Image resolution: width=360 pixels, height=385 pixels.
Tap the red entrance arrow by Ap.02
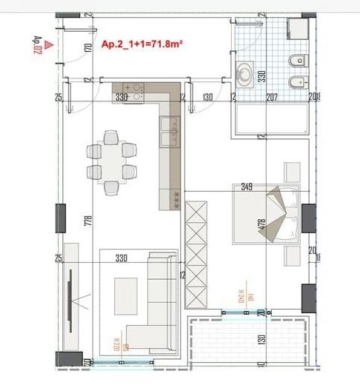[x=47, y=44]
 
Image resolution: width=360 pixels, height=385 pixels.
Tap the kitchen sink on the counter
[x=173, y=129]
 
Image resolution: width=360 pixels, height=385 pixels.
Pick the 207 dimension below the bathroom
[x=271, y=97]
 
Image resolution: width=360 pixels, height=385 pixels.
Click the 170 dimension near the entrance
[x=87, y=50]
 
